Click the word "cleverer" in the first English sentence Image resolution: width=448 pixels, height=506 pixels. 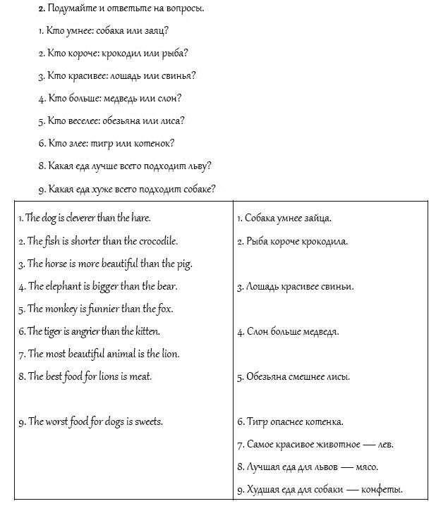tap(78, 218)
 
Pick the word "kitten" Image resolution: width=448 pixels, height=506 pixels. tap(147, 331)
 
